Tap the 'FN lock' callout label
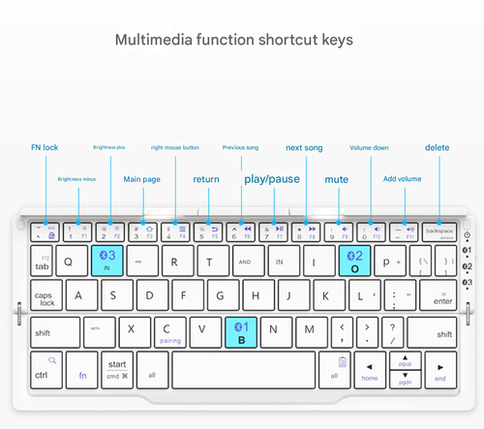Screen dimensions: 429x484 point(45,147)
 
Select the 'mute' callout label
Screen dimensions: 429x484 point(336,179)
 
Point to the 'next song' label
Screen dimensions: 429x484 point(304,147)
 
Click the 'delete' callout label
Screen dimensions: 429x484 point(438,147)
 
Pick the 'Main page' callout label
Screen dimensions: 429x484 point(141,179)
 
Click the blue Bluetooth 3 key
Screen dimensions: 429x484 point(107,260)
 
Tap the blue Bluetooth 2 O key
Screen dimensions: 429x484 point(355,260)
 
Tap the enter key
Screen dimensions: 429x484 point(441,296)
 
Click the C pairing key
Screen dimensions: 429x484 point(169,331)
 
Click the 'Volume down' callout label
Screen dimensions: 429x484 point(369,147)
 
